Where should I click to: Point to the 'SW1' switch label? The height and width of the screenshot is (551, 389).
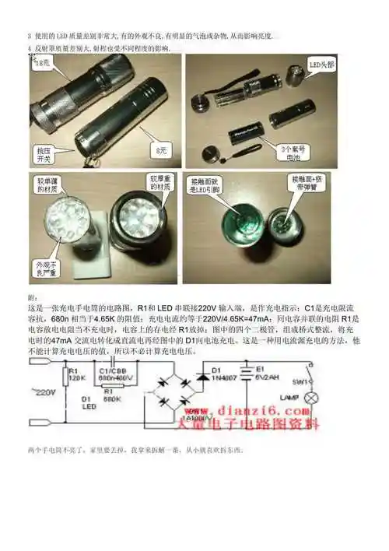tap(300, 382)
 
